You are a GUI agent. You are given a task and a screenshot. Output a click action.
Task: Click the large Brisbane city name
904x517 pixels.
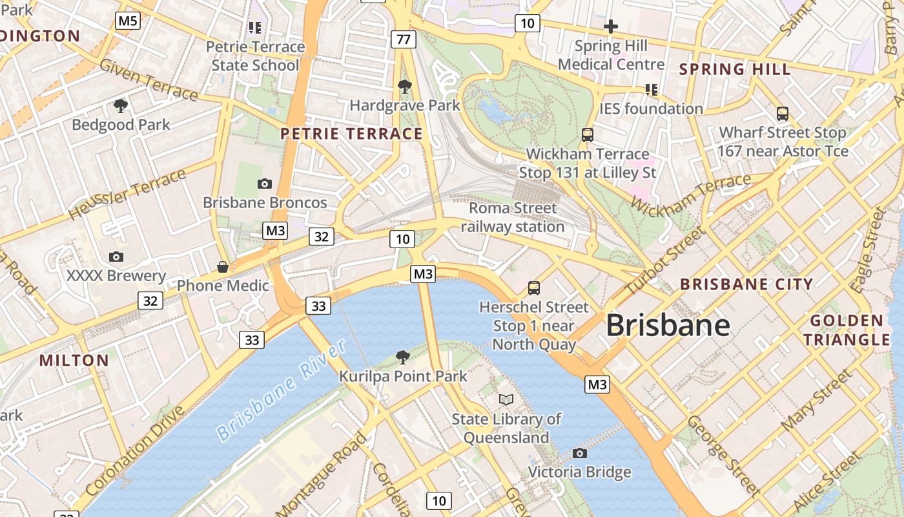[668, 325]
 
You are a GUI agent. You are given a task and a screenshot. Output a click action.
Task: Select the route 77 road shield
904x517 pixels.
[404, 39]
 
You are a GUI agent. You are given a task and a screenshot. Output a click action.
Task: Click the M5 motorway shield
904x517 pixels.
[128, 21]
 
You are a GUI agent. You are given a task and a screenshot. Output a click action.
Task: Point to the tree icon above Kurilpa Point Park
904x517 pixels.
[403, 357]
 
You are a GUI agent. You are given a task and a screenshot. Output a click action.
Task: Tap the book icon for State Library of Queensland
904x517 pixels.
[506, 400]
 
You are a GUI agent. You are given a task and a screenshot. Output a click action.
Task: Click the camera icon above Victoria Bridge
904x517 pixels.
[580, 453]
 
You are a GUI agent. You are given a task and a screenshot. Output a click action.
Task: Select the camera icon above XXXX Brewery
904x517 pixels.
[116, 257]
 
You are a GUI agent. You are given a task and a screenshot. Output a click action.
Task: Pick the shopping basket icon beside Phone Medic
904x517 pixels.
[223, 267]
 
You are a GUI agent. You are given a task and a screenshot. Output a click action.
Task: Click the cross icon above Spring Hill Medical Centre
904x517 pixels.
[611, 27]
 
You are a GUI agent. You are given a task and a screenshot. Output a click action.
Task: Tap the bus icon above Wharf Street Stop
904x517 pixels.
[783, 114]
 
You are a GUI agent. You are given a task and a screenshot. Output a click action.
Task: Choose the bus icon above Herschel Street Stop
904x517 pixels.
[534, 288]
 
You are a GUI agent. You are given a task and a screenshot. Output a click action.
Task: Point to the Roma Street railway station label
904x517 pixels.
[513, 217]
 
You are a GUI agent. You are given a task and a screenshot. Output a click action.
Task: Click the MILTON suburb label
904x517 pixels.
[74, 360]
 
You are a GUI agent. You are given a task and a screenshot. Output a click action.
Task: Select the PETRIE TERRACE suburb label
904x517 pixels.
[352, 134]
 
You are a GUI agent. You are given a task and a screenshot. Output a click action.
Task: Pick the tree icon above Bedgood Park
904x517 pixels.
[120, 105]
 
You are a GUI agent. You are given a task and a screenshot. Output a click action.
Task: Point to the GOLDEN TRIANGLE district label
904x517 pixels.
[847, 330]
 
